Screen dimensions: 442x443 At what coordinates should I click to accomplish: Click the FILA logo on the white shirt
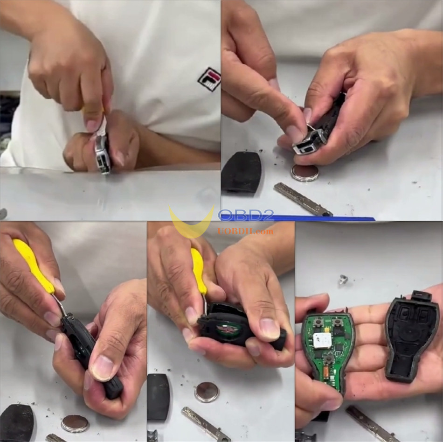coord(209,78)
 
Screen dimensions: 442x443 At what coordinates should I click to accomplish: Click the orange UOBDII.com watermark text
coord(246,231)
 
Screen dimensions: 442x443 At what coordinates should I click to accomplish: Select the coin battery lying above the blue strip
coord(305,173)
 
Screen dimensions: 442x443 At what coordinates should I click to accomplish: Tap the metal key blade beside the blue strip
coord(302,199)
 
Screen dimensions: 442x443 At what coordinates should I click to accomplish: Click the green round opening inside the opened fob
coord(229,329)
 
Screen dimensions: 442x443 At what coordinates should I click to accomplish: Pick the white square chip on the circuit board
coord(322,340)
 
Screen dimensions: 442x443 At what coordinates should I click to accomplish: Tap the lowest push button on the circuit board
coord(330,358)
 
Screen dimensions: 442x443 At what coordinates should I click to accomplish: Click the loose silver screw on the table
coord(344,279)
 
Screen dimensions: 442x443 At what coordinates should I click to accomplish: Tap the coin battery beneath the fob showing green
coord(207,392)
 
